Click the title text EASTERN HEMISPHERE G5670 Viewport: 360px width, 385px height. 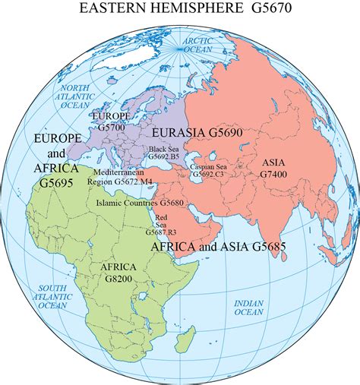181,11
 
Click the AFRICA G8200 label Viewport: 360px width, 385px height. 116,273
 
